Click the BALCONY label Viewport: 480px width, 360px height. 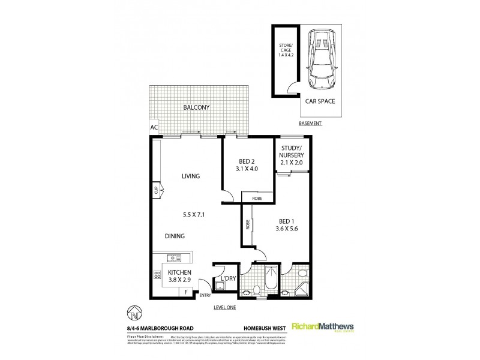[x=197, y=108]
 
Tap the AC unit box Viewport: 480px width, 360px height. [x=154, y=128]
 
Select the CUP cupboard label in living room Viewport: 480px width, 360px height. [x=155, y=191]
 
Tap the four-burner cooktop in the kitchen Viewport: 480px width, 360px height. [x=157, y=276]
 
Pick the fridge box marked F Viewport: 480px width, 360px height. [x=185, y=292]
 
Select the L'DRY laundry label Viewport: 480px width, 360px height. [x=227, y=278]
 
